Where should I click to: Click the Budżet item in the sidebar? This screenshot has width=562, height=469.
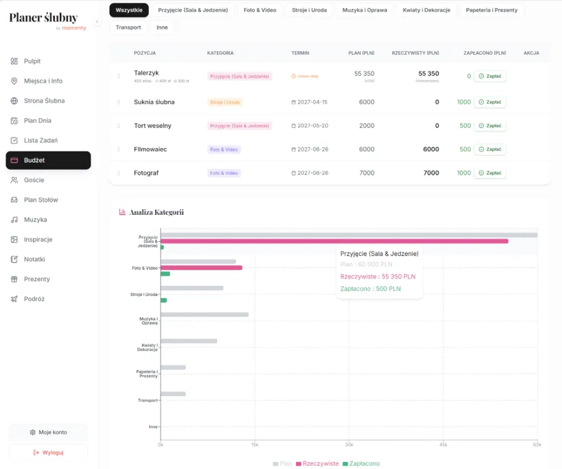click(48, 160)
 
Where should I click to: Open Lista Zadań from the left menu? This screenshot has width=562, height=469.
click(41, 141)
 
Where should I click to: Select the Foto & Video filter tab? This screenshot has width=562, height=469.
click(260, 10)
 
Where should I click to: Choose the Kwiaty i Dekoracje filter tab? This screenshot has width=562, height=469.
click(427, 10)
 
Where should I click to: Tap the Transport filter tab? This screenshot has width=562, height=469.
click(128, 27)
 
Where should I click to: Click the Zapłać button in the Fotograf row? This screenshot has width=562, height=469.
click(490, 173)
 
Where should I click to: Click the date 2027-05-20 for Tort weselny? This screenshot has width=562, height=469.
click(310, 126)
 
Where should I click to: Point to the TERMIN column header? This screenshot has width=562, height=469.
click(300, 53)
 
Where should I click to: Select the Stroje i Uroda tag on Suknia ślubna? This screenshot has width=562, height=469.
click(225, 102)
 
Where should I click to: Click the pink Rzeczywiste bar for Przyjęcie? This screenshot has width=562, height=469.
click(334, 241)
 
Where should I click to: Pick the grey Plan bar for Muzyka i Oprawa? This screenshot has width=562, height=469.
click(205, 315)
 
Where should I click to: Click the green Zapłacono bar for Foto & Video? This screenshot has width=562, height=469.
click(165, 274)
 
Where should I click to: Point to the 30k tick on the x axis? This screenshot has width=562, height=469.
click(349, 445)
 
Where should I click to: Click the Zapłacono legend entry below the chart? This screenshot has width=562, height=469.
click(362, 463)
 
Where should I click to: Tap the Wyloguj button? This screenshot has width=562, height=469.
click(48, 452)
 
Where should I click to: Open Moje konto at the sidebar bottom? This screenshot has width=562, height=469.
click(48, 432)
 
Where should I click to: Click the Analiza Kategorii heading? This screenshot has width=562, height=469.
click(156, 212)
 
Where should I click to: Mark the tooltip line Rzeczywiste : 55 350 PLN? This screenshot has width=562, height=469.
click(378, 277)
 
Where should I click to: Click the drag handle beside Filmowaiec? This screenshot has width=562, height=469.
click(119, 150)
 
